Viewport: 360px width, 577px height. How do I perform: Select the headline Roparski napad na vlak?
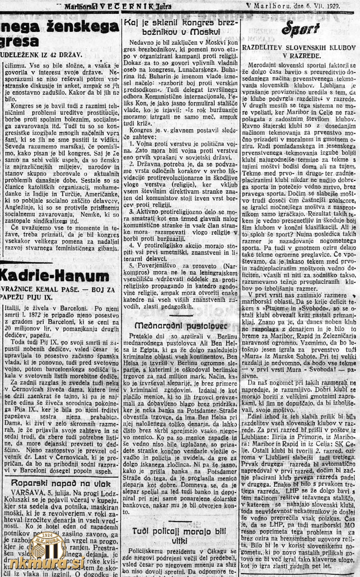[x=61, y=483]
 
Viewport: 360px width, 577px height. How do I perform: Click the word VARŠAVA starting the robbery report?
[x=25, y=493]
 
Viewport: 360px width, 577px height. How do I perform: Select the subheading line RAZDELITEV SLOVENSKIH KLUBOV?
[x=300, y=48]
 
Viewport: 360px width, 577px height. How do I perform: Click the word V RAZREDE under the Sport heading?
[x=299, y=56]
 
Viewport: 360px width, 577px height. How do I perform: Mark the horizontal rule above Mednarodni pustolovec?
[x=181, y=315]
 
